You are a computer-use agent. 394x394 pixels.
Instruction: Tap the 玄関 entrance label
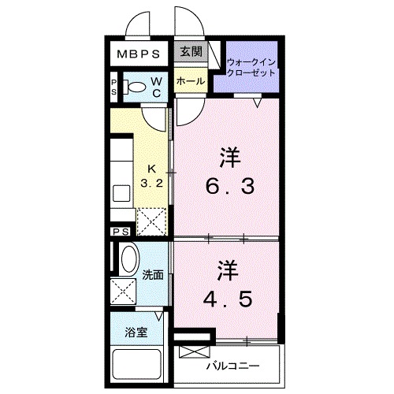[191, 52]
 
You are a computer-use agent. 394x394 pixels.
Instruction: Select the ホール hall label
[191, 81]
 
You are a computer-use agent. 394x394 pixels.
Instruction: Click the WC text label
[157, 87]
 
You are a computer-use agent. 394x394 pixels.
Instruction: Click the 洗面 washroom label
[153, 275]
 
